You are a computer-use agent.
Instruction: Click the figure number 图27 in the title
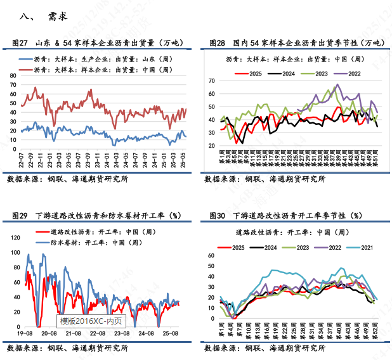20,43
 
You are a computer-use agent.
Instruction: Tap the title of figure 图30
287,216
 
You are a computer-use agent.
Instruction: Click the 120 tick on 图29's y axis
15,237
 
